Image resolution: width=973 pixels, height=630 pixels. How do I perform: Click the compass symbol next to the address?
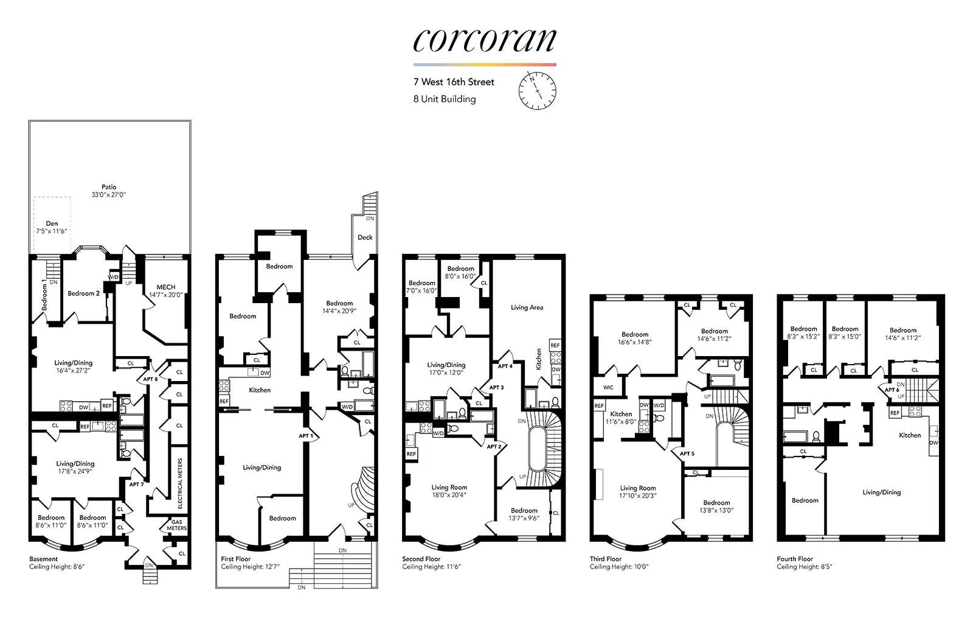click(x=537, y=91)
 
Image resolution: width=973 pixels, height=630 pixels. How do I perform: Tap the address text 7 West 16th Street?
click(x=454, y=82)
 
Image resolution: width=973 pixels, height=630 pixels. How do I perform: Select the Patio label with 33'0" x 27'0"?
click(x=109, y=191)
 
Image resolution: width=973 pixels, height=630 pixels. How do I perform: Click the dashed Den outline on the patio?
click(x=52, y=224)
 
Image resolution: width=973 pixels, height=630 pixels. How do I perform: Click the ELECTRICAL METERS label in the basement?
click(x=180, y=484)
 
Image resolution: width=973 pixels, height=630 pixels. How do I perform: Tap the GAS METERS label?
click(x=177, y=525)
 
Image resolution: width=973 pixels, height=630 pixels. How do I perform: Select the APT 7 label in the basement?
click(x=136, y=485)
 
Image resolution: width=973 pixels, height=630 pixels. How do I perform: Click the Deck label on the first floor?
click(x=365, y=237)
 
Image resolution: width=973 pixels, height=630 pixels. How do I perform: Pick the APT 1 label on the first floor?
click(x=306, y=436)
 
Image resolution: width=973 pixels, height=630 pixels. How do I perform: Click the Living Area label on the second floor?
click(x=527, y=307)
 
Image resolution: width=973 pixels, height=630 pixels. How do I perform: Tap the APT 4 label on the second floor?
click(x=505, y=366)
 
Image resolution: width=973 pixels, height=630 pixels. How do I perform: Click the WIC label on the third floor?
click(x=608, y=387)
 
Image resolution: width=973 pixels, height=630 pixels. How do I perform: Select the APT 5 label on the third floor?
click(x=687, y=453)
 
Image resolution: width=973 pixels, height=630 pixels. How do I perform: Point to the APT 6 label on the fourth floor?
click(x=892, y=390)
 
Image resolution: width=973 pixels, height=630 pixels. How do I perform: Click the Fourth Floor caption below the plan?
click(x=794, y=559)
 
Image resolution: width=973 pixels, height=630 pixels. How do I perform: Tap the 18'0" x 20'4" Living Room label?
click(x=449, y=491)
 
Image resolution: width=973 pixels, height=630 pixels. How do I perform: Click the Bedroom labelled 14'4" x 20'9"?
click(x=339, y=307)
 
